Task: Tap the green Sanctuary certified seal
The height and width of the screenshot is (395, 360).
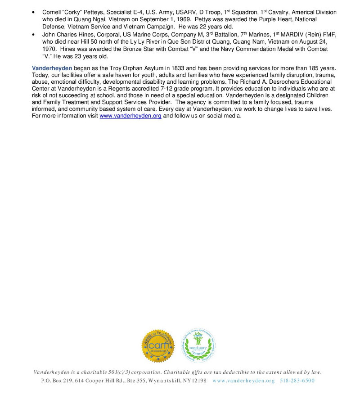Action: click(198, 345)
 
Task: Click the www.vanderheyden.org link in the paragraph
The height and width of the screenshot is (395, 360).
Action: click(130, 116)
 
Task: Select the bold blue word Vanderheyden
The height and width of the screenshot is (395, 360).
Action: click(52, 68)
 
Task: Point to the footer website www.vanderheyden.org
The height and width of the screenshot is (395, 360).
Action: click(243, 381)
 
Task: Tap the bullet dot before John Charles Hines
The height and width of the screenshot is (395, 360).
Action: click(34, 35)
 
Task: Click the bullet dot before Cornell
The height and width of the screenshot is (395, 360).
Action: click(34, 13)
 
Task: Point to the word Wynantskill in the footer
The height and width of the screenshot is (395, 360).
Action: click(172, 381)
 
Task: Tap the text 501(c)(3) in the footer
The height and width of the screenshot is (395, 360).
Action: click(128, 372)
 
